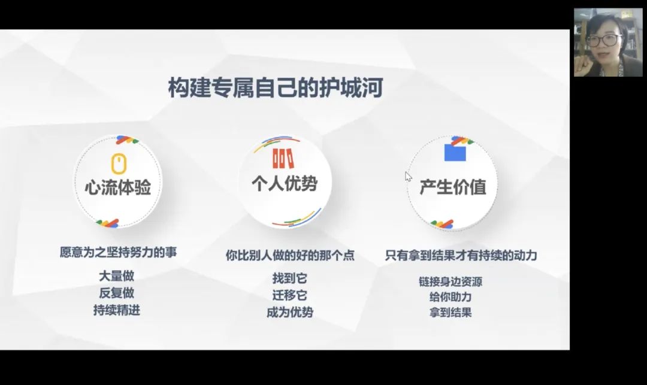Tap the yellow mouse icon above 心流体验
pyautogui.click(x=119, y=163)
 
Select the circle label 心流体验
pyautogui.click(x=118, y=187)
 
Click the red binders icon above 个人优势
pyautogui.click(x=283, y=158)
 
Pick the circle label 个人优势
pyautogui.click(x=285, y=183)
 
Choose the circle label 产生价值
pyautogui.click(x=453, y=187)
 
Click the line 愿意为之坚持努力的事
pyautogui.click(x=119, y=252)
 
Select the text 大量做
pyautogui.click(x=116, y=276)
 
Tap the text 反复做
pyautogui.click(x=116, y=293)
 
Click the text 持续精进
pyautogui.click(x=116, y=310)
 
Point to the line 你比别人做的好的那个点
pyautogui.click(x=290, y=256)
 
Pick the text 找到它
pyautogui.click(x=290, y=278)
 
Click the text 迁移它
pyautogui.click(x=290, y=296)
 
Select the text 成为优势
pyautogui.click(x=290, y=313)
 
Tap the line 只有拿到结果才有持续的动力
pyautogui.click(x=461, y=256)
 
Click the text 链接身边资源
pyautogui.click(x=451, y=281)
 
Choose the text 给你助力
pyautogui.click(x=451, y=297)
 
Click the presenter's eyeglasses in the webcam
pyautogui.click(x=604, y=40)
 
